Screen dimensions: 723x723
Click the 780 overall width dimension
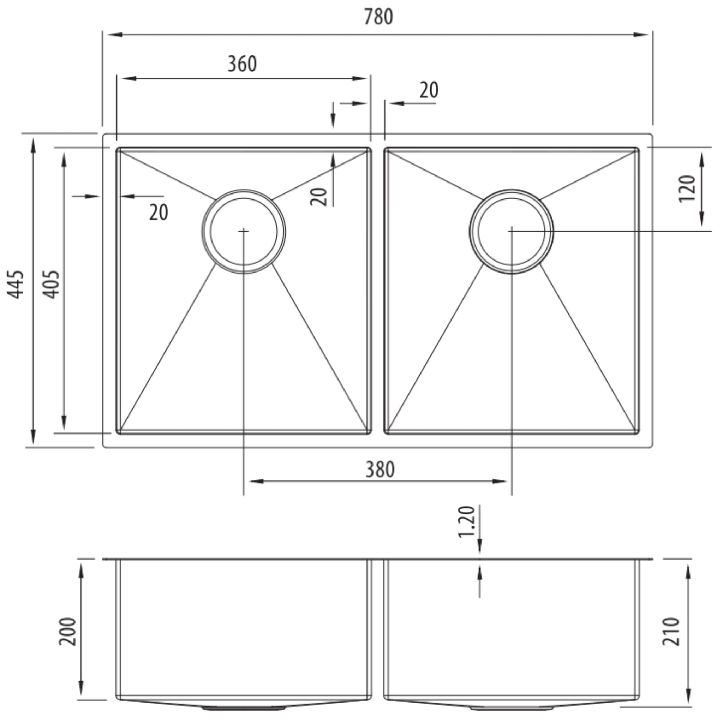(x=378, y=17)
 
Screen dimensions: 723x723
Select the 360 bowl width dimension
(x=242, y=64)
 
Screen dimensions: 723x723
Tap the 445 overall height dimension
(x=16, y=285)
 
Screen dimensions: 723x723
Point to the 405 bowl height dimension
(x=50, y=285)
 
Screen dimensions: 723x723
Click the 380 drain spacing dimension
(x=380, y=470)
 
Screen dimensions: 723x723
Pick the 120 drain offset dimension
(x=687, y=189)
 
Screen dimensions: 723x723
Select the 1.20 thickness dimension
(x=466, y=522)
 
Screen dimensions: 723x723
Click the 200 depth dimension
(x=68, y=632)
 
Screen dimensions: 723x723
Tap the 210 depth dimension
(x=671, y=632)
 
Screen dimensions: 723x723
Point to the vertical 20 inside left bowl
(x=319, y=197)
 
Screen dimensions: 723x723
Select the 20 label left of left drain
(x=159, y=213)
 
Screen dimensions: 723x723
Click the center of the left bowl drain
(x=244, y=232)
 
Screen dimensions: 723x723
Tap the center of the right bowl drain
(x=512, y=232)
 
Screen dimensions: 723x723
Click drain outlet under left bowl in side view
(x=244, y=709)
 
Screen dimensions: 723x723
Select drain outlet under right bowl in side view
(x=512, y=709)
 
